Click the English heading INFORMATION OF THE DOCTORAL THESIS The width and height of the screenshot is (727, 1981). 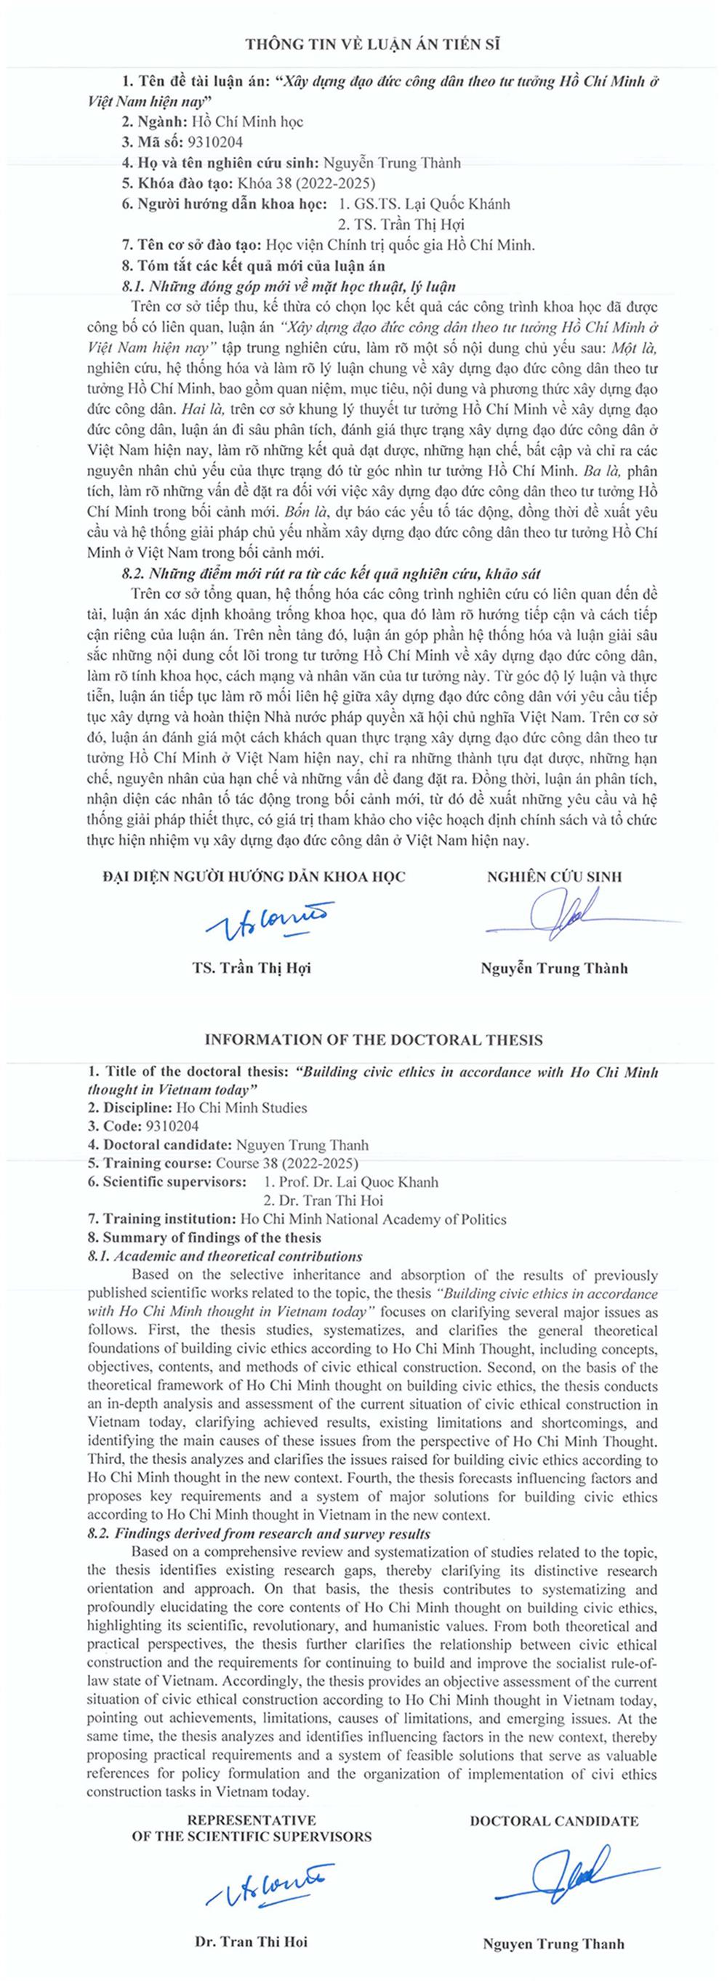pyautogui.click(x=373, y=1040)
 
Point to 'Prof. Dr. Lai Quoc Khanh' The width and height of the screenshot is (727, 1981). pyautogui.click(x=351, y=1182)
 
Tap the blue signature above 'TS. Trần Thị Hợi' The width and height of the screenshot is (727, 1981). pyautogui.click(x=266, y=920)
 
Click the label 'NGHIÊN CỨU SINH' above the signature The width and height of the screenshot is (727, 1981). pyautogui.click(x=554, y=876)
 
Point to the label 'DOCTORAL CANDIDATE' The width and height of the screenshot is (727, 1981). pyautogui.click(x=554, y=1821)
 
